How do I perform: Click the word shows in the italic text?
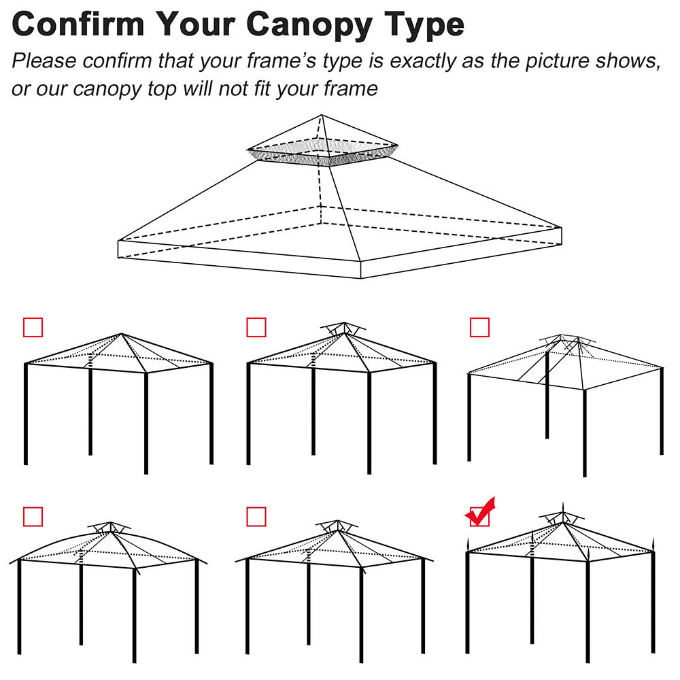628,61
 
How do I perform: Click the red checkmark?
481,512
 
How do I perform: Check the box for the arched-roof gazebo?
33,517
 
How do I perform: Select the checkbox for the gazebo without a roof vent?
33,327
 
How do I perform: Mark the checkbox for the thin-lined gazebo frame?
479,327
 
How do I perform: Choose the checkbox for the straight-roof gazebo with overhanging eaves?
256,517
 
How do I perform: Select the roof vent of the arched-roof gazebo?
109,527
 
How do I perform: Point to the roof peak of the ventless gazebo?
122,335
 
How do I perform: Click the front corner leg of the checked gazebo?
587,612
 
